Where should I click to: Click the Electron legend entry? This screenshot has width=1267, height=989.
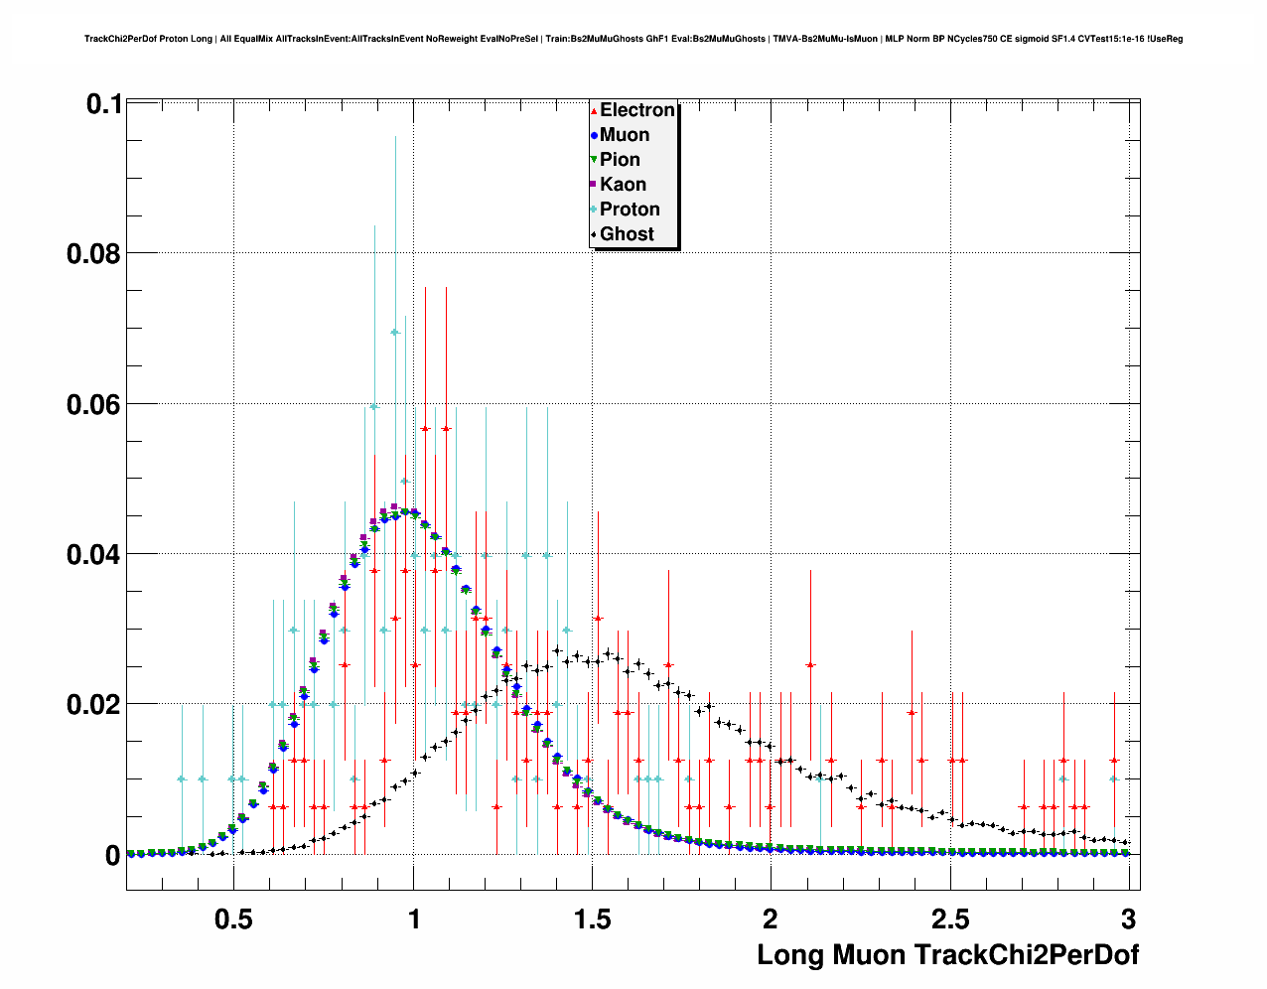tap(636, 110)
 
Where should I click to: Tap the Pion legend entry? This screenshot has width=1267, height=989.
tap(620, 160)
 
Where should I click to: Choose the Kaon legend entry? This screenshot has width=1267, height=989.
tap(623, 185)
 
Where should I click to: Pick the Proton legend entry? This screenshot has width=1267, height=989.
tap(629, 210)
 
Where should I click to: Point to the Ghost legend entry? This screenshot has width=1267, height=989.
tap(627, 234)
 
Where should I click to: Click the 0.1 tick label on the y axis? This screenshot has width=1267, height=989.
tap(103, 104)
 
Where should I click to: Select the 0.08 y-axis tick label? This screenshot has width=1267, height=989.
tap(93, 254)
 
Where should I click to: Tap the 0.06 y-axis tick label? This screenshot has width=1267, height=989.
tap(93, 404)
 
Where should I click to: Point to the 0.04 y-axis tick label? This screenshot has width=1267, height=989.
tap(93, 554)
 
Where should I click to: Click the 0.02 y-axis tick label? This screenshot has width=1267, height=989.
tap(93, 704)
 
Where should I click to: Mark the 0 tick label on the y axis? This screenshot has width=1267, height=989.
tap(112, 855)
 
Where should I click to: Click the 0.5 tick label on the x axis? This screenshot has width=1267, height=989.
tap(233, 918)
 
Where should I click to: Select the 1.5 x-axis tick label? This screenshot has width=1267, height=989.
tap(592, 918)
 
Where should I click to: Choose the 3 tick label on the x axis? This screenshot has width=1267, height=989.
tap(1128, 918)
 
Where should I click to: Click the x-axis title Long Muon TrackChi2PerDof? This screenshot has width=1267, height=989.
tap(947, 955)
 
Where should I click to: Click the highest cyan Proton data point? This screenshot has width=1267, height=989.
tap(395, 333)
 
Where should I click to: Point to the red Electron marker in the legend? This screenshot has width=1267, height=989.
tap(593, 111)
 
